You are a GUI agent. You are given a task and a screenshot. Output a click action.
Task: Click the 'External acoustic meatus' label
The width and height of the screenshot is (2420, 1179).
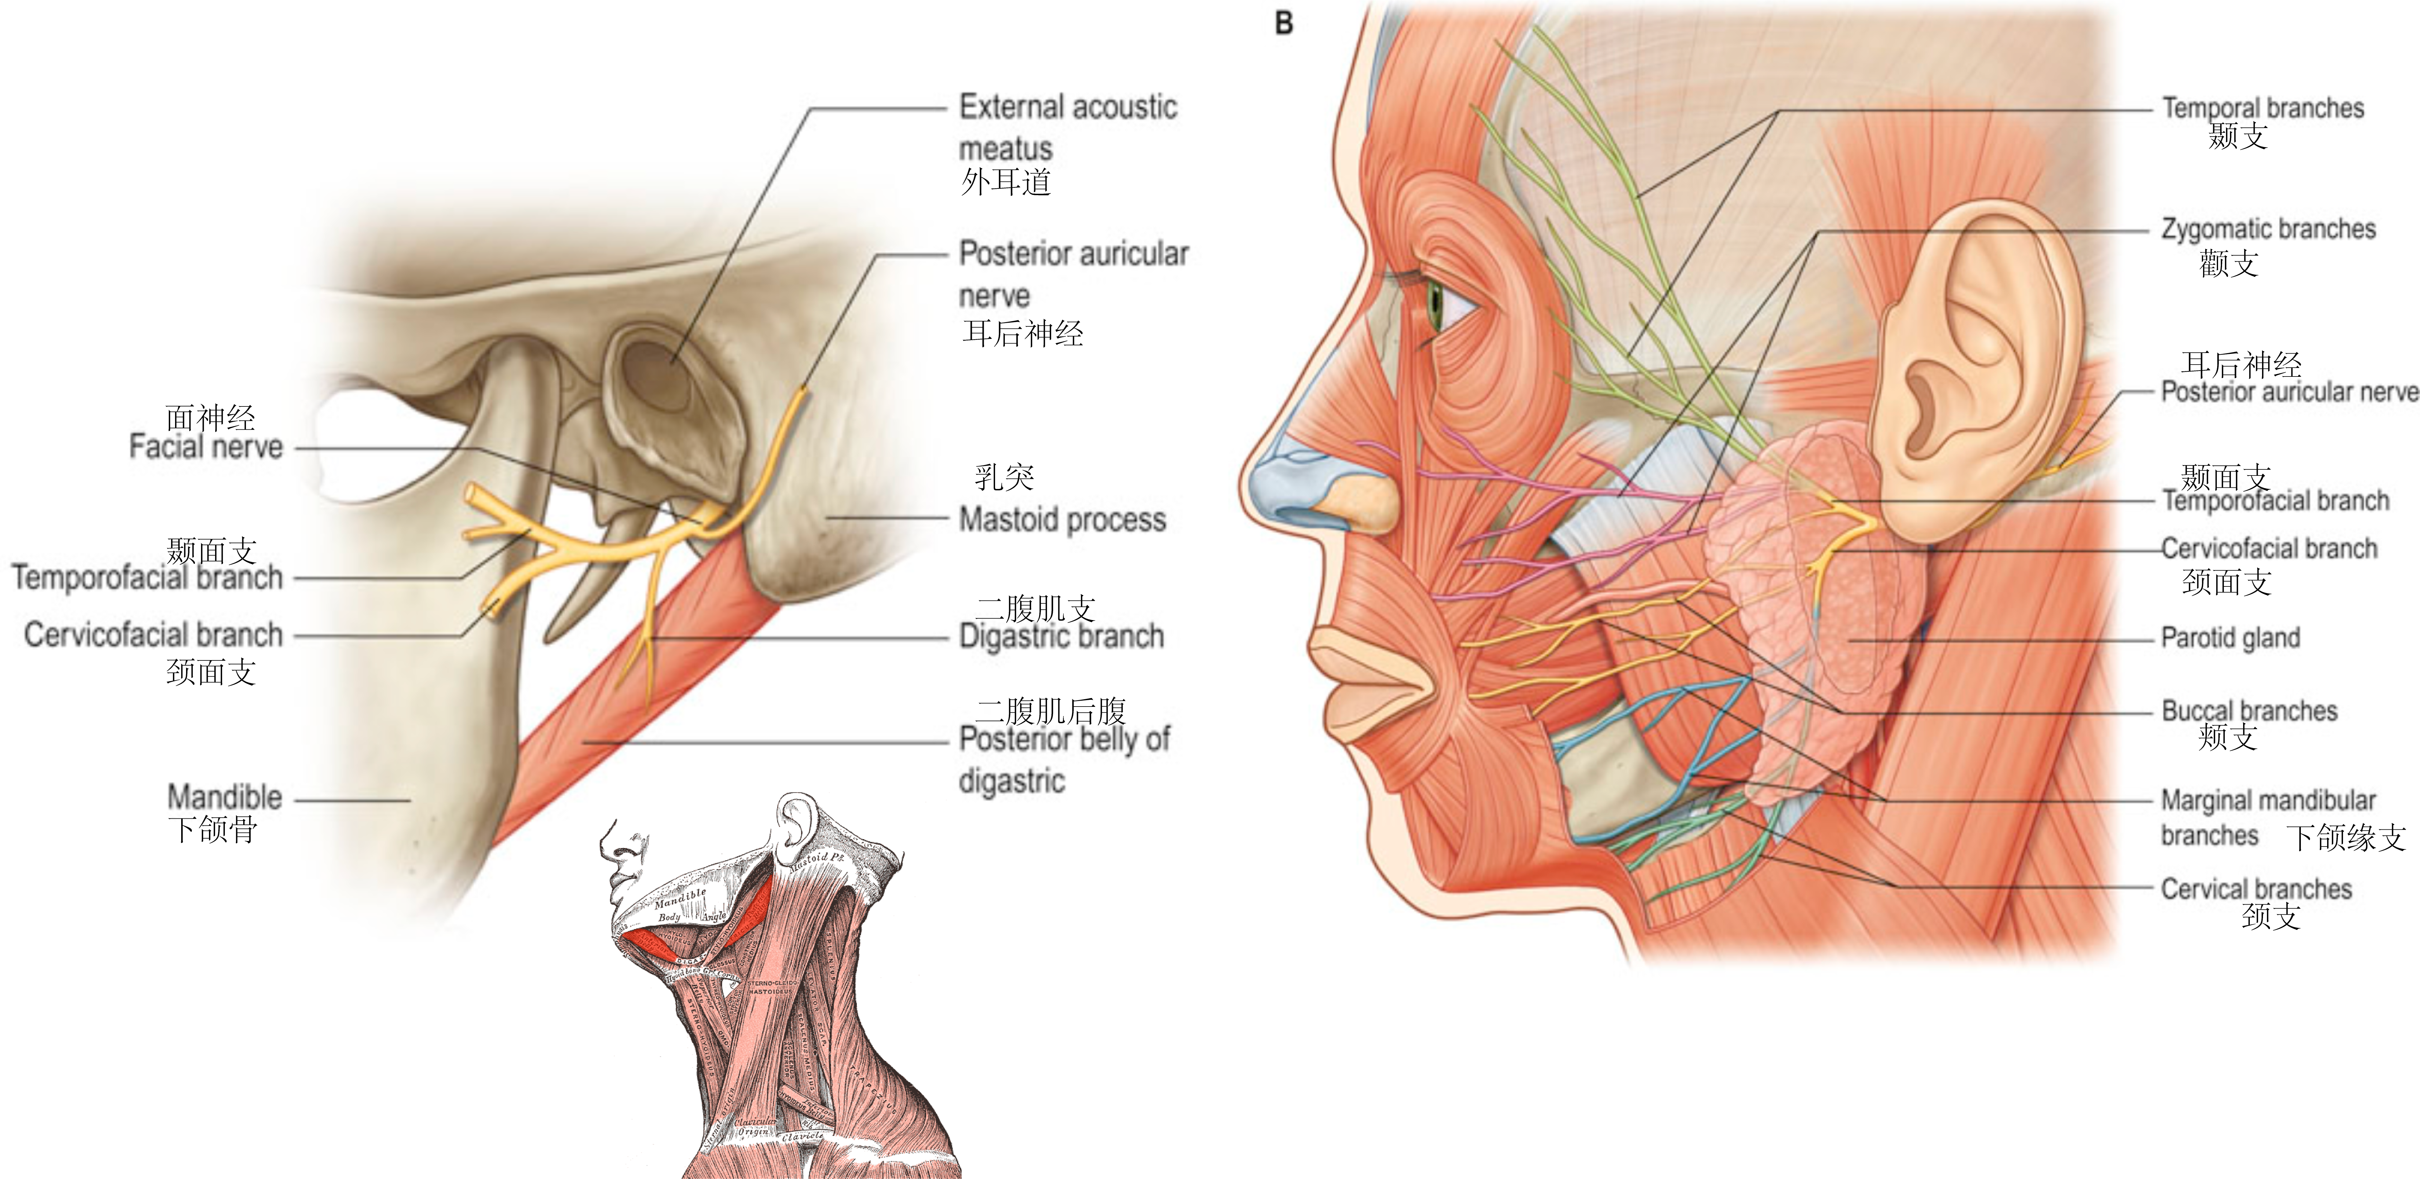pyautogui.click(x=1067, y=127)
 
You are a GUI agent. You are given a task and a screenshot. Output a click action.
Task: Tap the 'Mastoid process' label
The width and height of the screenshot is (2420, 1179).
pyautogui.click(x=1062, y=520)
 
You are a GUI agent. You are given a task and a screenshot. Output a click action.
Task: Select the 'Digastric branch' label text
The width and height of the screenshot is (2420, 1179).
pyautogui.click(x=1061, y=637)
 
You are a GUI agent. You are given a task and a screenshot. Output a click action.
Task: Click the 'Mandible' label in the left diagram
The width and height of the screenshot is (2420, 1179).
pyautogui.click(x=225, y=798)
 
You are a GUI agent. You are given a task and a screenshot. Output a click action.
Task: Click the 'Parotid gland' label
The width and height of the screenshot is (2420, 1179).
pyautogui.click(x=2230, y=639)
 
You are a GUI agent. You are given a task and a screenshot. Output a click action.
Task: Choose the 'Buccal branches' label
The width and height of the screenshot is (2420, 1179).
pyautogui.click(x=2249, y=711)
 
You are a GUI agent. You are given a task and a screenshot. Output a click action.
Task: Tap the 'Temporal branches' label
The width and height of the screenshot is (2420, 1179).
pyautogui.click(x=2262, y=108)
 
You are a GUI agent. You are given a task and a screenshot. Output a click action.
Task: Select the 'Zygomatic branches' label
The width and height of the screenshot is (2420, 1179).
pyautogui.click(x=2268, y=229)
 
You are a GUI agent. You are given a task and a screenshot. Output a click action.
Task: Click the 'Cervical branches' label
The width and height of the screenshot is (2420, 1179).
pyautogui.click(x=2256, y=889)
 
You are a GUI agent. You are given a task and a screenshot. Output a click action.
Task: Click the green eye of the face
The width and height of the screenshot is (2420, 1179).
pyautogui.click(x=1435, y=305)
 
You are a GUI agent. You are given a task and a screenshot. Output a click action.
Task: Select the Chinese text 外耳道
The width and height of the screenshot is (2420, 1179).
pyautogui.click(x=1005, y=182)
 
